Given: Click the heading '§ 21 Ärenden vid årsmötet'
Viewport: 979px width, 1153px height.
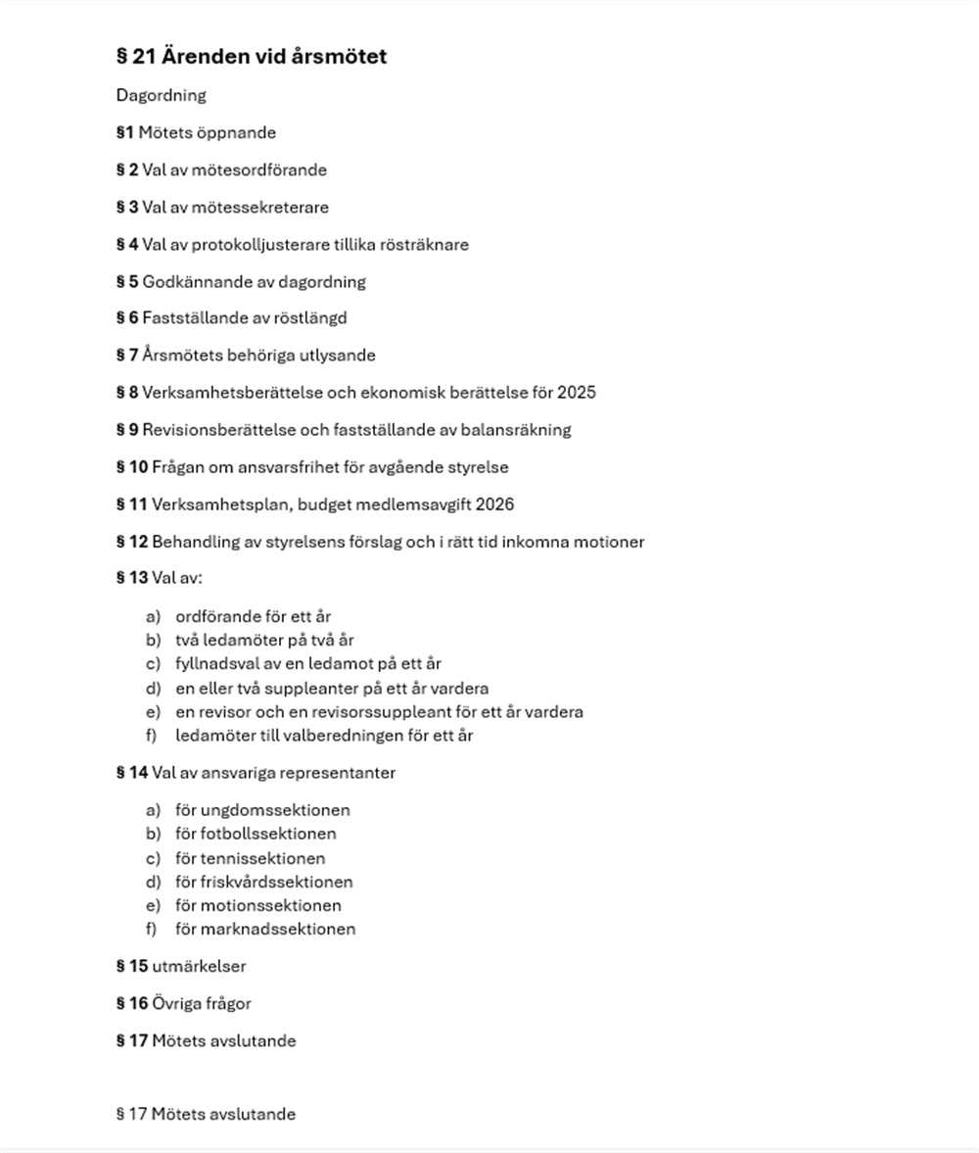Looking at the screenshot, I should tap(251, 57).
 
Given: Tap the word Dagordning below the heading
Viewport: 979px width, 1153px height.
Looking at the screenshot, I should tap(161, 96).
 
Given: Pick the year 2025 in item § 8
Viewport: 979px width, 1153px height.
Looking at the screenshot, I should tap(576, 393).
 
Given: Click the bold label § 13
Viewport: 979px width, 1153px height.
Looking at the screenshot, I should tap(132, 578).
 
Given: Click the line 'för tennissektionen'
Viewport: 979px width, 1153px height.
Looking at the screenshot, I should tap(250, 858).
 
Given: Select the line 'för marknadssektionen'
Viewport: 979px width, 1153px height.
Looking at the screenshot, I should tap(265, 930).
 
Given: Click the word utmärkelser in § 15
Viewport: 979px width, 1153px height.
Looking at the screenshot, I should tap(199, 967).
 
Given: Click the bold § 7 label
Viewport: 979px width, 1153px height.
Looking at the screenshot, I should tap(127, 356).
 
